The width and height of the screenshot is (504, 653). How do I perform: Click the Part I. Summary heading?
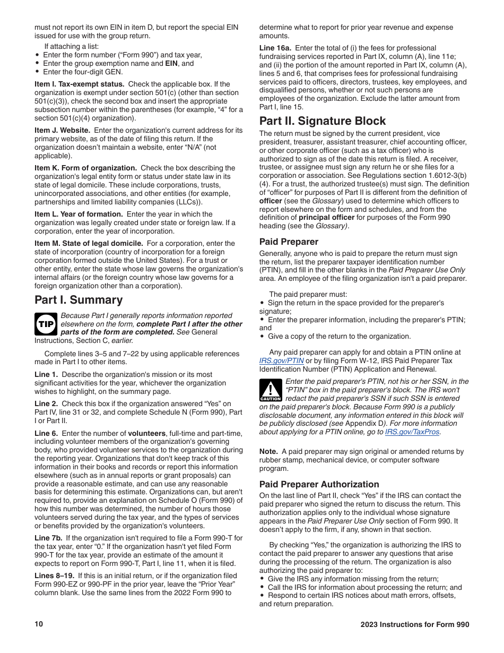(x=79, y=300)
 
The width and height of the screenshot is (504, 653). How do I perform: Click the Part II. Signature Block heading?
(x=323, y=121)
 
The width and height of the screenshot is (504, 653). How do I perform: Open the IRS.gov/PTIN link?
(x=281, y=360)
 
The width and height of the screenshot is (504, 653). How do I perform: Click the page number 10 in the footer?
(x=39, y=624)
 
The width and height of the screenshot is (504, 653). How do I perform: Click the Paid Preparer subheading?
(x=289, y=242)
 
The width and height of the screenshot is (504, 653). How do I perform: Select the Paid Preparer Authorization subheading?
(x=319, y=484)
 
